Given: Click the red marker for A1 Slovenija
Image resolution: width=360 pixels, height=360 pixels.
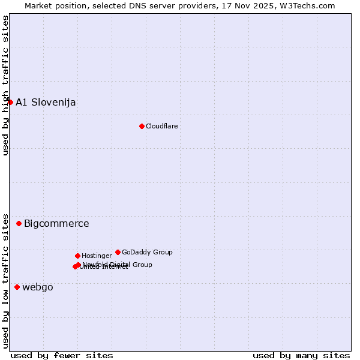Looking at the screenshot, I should (10, 102).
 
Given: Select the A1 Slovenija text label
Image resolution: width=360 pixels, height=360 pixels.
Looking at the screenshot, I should (46, 102).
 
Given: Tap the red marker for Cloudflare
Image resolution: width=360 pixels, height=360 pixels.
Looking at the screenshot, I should (142, 126).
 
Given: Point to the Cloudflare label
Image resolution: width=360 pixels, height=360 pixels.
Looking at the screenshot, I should (161, 126).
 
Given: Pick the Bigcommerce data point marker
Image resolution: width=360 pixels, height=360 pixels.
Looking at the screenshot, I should (19, 223).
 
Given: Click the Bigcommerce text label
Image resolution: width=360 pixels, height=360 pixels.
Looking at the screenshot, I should (56, 224).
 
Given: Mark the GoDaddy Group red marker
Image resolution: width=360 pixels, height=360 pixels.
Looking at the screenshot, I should (118, 252).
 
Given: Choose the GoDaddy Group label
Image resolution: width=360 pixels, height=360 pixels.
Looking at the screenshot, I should (147, 252).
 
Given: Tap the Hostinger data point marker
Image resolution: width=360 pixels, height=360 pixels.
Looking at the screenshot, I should (77, 256).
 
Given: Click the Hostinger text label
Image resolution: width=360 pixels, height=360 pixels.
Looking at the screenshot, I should (97, 256).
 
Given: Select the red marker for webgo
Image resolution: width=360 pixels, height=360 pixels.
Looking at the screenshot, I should (17, 287).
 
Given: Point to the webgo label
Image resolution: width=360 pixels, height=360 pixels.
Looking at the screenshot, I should (38, 287).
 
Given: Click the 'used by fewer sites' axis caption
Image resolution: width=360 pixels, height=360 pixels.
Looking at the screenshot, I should (62, 355).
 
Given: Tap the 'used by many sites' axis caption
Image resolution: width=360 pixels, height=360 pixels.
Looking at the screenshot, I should (301, 355).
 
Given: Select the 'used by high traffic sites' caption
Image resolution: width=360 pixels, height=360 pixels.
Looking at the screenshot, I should (5, 86).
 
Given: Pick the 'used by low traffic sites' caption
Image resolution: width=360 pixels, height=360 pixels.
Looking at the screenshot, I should (5, 280).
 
